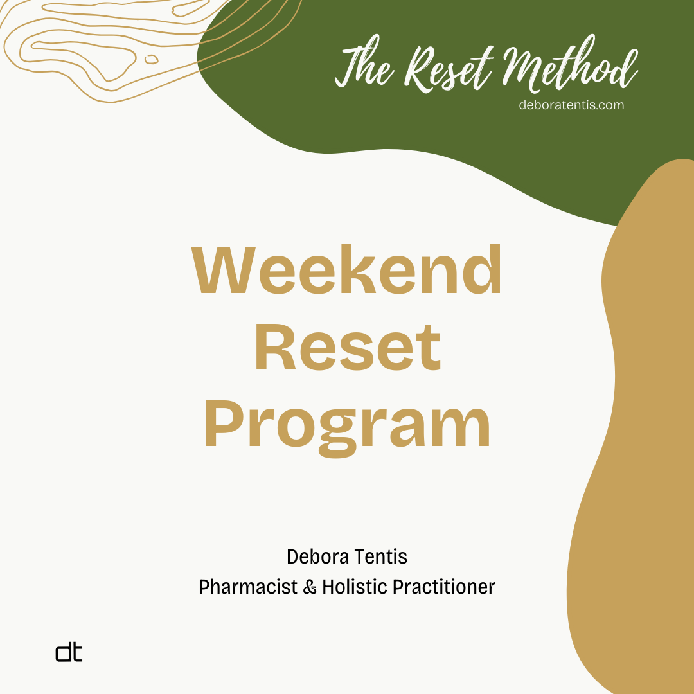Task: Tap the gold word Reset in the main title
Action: (x=348, y=348)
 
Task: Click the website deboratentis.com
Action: (x=571, y=105)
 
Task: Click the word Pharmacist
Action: (x=248, y=587)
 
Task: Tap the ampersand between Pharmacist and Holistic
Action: (x=310, y=587)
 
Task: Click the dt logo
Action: (x=69, y=653)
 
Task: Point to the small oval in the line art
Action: (x=152, y=59)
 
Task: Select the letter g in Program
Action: (x=338, y=436)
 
